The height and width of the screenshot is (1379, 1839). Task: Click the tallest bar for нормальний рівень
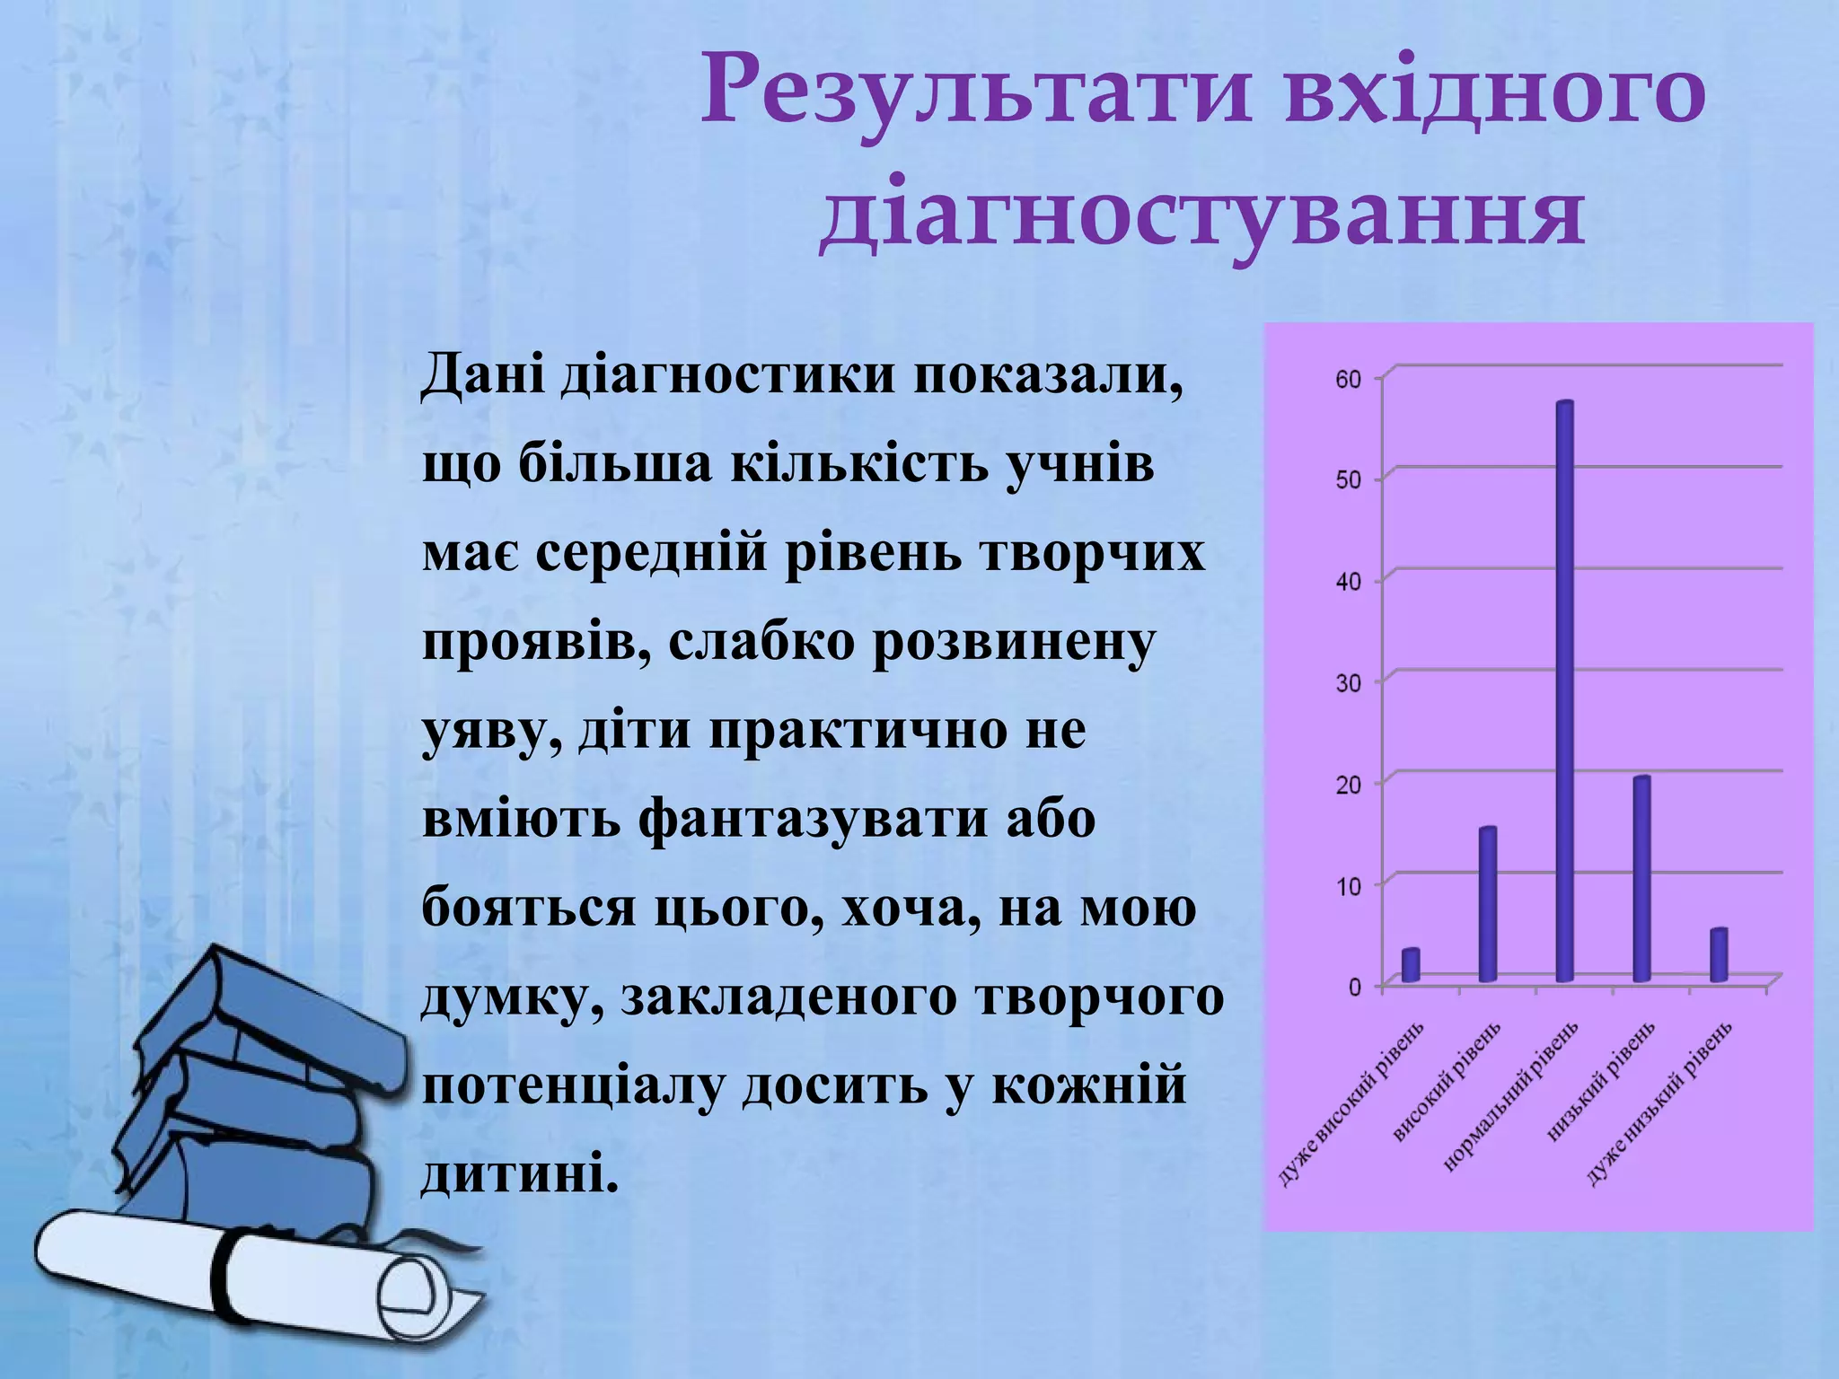pyautogui.click(x=1565, y=691)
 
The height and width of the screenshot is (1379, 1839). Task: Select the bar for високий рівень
pyautogui.click(x=1488, y=905)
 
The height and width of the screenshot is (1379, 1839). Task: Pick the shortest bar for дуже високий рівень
pyautogui.click(x=1411, y=966)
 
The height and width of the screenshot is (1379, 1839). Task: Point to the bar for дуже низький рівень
pyautogui.click(x=1719, y=955)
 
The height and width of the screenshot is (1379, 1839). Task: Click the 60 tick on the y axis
pyautogui.click(x=1349, y=379)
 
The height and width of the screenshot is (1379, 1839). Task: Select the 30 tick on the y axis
pyautogui.click(x=1349, y=683)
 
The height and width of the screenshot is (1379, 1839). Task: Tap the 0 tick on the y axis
pyautogui.click(x=1354, y=987)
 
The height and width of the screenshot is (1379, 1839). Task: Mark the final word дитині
pyautogui.click(x=521, y=1173)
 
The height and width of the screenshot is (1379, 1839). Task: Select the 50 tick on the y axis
pyautogui.click(x=1349, y=480)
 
